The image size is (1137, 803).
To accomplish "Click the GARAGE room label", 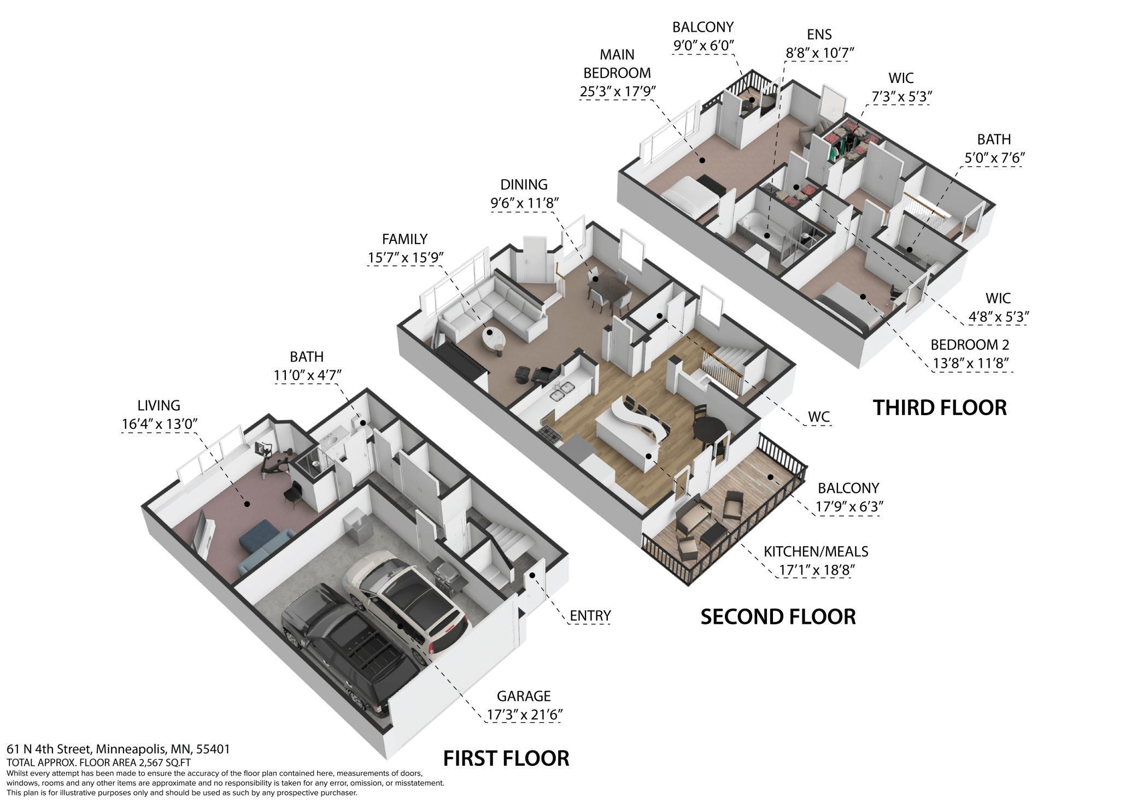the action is (523, 696).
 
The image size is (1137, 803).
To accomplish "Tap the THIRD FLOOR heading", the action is (940, 408).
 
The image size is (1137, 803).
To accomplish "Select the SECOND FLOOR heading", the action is (778, 617).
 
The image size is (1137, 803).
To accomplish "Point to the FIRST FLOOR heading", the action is (506, 758).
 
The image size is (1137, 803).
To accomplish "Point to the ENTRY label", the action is (590, 616).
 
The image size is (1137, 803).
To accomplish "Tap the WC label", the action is (819, 417).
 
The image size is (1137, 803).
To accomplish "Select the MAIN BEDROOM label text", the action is (617, 63).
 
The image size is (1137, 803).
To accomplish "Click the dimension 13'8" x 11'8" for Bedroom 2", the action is (970, 363).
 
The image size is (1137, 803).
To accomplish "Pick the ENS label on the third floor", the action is (819, 34).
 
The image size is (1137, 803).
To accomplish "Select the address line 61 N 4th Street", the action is (118, 749).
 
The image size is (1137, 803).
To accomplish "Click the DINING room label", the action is (524, 185).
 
